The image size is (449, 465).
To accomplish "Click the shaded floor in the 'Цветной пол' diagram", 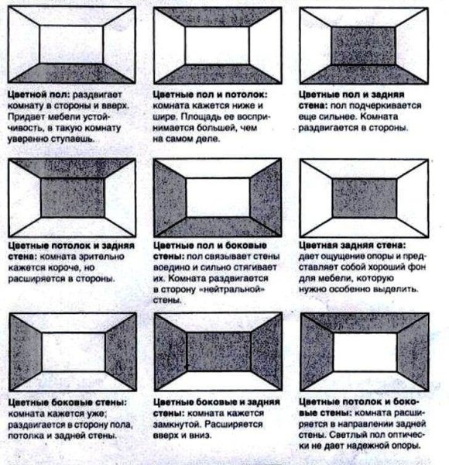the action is [72, 73].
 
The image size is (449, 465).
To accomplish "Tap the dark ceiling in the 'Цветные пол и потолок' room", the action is [218, 17].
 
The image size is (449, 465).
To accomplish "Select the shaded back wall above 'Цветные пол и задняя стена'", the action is [363, 46].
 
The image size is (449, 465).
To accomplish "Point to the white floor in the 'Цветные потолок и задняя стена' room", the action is [72, 227].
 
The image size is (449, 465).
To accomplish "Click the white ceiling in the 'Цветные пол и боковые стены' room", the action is [218, 168].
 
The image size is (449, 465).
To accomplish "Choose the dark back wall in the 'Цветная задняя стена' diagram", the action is [364, 198].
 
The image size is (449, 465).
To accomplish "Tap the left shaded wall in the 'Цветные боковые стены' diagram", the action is [26, 352].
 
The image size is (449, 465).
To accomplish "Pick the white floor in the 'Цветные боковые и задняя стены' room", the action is [218, 381].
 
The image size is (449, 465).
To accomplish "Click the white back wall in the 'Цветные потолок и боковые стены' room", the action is [365, 352].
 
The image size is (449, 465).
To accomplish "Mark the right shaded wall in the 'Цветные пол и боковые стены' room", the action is [266, 198].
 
